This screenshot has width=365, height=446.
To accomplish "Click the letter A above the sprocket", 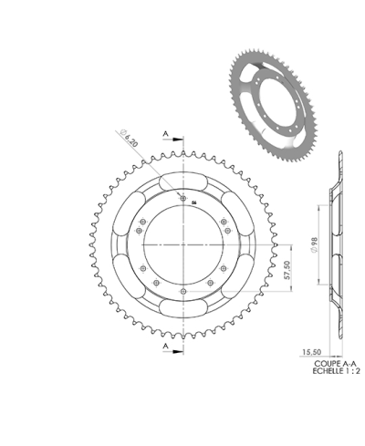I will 165,134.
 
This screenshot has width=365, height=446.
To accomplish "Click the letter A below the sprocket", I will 165,347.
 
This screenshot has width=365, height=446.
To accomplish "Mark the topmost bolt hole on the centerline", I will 183,198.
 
